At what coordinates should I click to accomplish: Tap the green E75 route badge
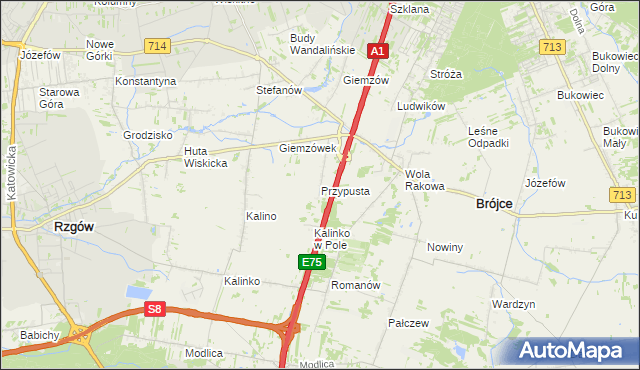pos(311,262)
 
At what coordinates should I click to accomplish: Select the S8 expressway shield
pos(154,310)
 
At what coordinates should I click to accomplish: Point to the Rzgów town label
pos(74,227)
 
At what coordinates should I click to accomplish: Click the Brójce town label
pos(491,203)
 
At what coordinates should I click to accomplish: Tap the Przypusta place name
pos(346,191)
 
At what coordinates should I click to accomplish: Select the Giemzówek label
pos(307,148)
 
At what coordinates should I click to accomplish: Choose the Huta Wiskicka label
pos(205,157)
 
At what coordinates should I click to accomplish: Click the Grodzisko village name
pos(149,134)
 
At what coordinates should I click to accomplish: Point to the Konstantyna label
pos(146,81)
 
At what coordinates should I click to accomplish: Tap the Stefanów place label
pos(279,90)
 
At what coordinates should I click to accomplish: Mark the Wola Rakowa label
pos(424,179)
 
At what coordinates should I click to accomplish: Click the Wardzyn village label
pos(514,303)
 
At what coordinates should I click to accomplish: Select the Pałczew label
pos(408,323)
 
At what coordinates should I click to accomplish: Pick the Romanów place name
pos(357,285)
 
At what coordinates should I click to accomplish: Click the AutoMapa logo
pos(574,351)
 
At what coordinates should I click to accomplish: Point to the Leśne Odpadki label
pos(488,137)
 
